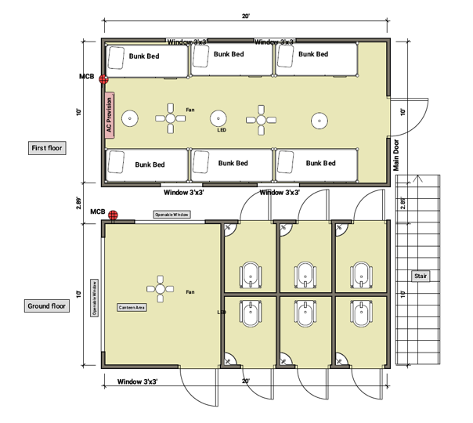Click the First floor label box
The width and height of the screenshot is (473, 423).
click(x=48, y=147)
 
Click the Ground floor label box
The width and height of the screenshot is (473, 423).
click(x=49, y=306)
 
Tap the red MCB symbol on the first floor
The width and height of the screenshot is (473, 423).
click(x=103, y=78)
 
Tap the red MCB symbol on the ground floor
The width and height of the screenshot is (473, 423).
click(x=114, y=214)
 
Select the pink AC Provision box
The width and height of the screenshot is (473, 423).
click(x=110, y=116)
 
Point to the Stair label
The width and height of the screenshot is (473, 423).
click(x=421, y=277)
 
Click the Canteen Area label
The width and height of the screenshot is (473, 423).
click(x=132, y=307)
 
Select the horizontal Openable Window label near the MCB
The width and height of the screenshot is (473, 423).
click(x=172, y=214)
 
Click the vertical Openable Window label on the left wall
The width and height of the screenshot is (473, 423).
click(x=95, y=298)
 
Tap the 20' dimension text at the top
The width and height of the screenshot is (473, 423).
click(x=245, y=16)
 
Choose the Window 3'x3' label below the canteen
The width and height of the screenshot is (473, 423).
click(x=138, y=381)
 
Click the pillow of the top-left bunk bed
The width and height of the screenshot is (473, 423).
click(x=116, y=56)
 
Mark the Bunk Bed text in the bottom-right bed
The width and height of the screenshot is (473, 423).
click(x=320, y=163)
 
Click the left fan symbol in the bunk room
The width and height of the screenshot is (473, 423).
click(x=171, y=118)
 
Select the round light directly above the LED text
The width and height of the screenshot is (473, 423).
click(x=218, y=119)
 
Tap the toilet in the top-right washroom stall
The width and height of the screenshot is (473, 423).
click(x=362, y=272)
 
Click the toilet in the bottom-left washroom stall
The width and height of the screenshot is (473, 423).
click(x=251, y=315)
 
